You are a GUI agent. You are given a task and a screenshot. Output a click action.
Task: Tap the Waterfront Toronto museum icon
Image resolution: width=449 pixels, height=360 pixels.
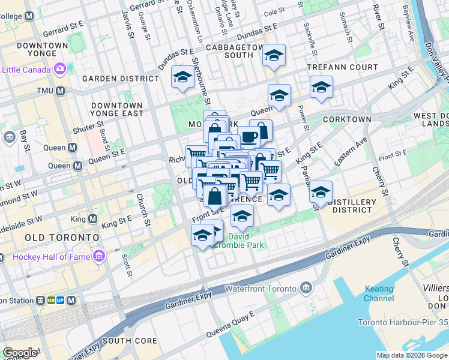[x=306, y=289]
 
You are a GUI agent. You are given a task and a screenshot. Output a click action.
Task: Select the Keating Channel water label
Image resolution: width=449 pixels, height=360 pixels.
[x=379, y=293]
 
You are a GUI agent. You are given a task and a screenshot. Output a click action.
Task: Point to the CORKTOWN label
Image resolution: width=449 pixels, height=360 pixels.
[x=347, y=119]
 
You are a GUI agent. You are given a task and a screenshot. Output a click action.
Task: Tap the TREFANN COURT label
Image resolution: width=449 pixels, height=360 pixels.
[x=342, y=67]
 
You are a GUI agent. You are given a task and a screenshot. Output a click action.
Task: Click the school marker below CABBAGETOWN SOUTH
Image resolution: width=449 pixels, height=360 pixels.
[x=274, y=56]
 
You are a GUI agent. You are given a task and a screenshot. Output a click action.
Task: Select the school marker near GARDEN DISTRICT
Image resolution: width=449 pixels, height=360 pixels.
[x=182, y=77]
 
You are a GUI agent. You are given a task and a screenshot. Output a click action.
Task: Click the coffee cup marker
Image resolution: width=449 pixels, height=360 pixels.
[x=248, y=136]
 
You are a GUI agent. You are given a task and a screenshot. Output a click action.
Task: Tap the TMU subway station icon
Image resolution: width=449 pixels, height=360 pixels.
[x=61, y=91]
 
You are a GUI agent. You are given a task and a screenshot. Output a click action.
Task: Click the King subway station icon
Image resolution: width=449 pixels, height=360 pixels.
[x=93, y=220]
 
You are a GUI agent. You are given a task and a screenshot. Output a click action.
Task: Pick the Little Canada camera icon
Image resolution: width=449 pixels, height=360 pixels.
[x=59, y=69]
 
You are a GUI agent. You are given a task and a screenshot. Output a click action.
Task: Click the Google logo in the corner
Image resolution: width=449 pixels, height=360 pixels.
[x=20, y=353]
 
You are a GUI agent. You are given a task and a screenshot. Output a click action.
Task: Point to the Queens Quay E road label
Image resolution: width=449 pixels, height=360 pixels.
[x=231, y=324]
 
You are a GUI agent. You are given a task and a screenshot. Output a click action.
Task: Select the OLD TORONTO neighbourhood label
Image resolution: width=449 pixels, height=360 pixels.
[x=62, y=238]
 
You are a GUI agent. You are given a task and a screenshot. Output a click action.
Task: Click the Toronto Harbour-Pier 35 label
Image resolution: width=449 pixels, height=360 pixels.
[x=403, y=322]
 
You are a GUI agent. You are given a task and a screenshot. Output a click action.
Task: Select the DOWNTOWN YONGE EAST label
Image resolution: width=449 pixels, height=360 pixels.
[x=117, y=109]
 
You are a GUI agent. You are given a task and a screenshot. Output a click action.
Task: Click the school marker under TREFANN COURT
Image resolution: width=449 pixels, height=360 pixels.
[x=321, y=88]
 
